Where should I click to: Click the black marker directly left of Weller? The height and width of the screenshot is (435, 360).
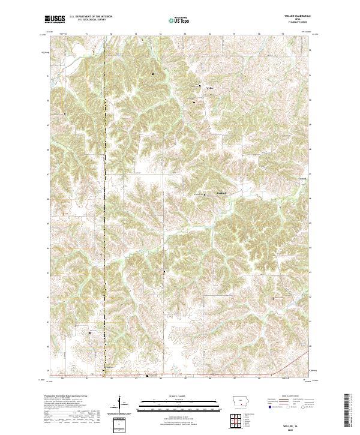pos(200,87)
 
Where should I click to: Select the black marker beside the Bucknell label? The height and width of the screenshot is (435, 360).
pos(205,195)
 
